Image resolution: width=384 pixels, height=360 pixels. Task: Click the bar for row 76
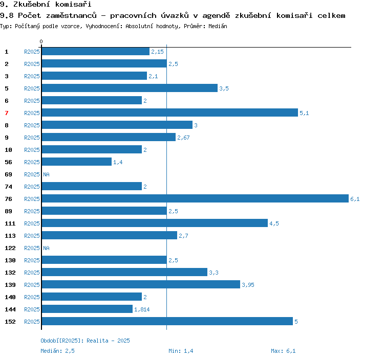point(195,198)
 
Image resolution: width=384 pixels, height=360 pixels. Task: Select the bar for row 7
point(170,112)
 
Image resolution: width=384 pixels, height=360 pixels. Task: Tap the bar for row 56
point(77,162)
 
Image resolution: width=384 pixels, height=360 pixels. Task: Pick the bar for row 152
point(167,321)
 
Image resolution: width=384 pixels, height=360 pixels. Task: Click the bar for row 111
point(155,223)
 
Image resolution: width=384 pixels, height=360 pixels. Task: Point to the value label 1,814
point(142,309)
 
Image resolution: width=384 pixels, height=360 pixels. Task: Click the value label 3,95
point(248,285)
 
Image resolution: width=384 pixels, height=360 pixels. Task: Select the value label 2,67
point(183,138)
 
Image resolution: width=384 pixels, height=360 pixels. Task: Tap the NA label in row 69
point(46,174)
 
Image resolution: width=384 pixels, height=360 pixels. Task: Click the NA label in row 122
point(46,248)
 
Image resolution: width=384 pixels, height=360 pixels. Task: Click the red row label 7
point(7,113)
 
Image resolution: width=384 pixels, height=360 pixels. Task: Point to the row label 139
point(10,285)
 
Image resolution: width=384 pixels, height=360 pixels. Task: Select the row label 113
point(10,236)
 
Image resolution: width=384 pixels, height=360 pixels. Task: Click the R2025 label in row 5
point(32,88)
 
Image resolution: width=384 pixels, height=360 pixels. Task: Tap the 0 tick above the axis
point(41,41)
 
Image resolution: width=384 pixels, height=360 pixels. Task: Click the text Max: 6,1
point(283,351)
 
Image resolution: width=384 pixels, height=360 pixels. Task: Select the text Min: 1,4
point(181,351)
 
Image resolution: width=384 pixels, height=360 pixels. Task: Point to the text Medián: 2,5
point(57,351)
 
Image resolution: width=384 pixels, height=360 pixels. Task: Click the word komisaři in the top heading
point(73,4)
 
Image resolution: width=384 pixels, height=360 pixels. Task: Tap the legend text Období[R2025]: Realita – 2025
point(85,341)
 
